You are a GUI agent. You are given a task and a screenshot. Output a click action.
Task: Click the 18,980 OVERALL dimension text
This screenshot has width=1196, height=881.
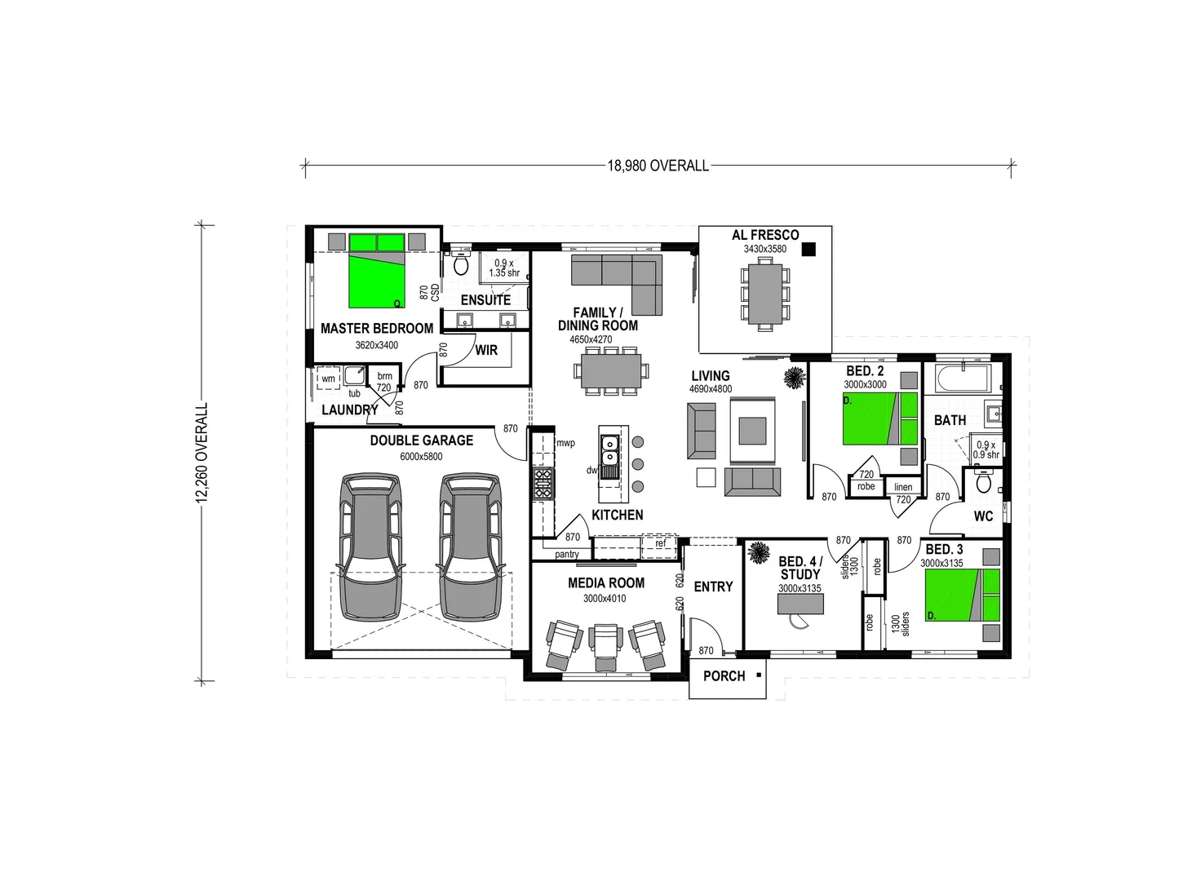(x=658, y=166)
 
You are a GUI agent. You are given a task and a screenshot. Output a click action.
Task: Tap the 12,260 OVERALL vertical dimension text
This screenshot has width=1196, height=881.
(x=202, y=452)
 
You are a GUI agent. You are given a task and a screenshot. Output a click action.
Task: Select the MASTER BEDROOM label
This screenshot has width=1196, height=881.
(x=377, y=328)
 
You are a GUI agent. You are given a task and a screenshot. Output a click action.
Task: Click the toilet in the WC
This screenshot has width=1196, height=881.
(x=984, y=482)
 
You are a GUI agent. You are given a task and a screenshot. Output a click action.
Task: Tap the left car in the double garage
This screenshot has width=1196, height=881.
(x=372, y=547)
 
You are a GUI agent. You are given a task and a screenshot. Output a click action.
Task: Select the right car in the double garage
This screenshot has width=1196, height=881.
(x=471, y=547)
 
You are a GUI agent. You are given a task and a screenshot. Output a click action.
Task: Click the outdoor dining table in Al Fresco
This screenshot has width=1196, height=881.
(x=765, y=292)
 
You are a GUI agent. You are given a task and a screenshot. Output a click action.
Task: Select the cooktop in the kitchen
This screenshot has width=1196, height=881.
(x=543, y=482)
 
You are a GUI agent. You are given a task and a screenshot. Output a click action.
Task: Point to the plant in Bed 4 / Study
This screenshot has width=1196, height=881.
(x=759, y=553)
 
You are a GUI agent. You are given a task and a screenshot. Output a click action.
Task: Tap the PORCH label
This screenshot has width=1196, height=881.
(x=724, y=675)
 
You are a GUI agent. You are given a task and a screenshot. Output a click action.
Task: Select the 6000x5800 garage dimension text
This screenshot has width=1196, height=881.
(x=421, y=456)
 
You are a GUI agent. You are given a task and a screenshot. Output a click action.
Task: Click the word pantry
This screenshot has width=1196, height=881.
(x=566, y=554)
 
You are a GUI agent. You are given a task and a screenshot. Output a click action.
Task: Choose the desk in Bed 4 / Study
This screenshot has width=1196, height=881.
(x=800, y=604)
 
